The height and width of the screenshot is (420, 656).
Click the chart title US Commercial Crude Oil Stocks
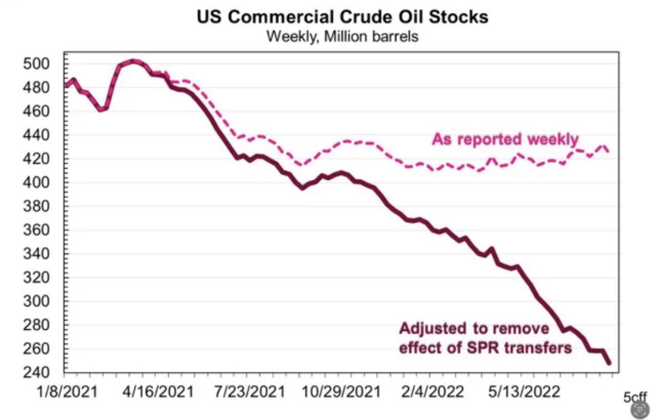pos(342,16)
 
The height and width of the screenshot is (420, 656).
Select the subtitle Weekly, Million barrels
pos(342,37)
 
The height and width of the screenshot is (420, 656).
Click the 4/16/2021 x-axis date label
pos(159,390)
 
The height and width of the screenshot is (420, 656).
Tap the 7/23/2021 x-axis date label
pos(252,390)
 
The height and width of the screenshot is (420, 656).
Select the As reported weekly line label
pos(505,139)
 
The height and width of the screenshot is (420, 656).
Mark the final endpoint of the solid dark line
pos(609,363)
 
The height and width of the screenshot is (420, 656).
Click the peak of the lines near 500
pos(133,61)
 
